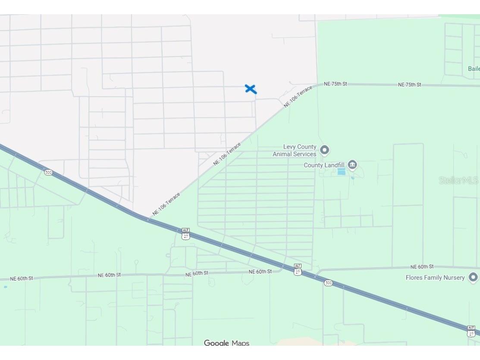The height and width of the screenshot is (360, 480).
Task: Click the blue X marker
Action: (251, 89)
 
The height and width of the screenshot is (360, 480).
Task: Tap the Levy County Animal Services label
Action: (295, 150)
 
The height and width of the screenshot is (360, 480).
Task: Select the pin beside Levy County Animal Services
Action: (325, 150)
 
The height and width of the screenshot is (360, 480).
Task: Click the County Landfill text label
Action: (324, 165)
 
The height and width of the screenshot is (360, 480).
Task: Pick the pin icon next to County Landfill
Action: (352, 165)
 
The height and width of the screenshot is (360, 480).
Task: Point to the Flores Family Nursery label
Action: (435, 278)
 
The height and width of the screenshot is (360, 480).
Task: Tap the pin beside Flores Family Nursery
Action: (473, 277)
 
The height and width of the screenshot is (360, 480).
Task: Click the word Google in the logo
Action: (216, 343)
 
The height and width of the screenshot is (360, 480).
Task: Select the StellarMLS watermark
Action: (458, 180)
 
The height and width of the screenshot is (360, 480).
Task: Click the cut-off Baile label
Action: (474, 69)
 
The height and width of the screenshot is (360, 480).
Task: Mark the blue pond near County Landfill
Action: (341, 171)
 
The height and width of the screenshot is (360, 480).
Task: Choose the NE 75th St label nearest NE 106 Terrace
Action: (335, 84)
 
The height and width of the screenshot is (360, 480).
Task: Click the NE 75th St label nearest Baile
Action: (409, 85)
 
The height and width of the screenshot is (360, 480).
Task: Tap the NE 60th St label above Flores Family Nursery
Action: (422, 267)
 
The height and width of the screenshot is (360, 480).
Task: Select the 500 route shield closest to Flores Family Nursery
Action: (329, 283)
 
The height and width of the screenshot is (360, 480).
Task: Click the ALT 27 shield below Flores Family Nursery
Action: (471, 331)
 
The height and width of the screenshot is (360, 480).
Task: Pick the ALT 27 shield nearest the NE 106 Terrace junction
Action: (185, 234)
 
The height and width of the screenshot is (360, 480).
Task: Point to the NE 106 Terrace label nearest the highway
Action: (166, 204)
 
